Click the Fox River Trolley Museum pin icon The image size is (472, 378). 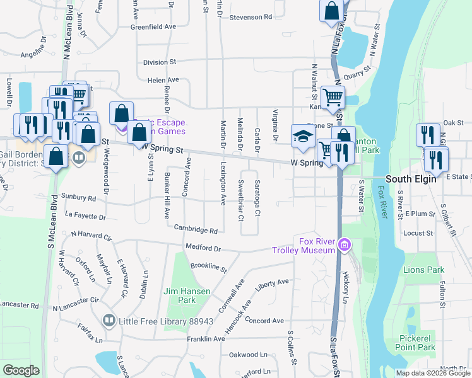[x=345, y=244]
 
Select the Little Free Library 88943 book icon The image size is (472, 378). [x=110, y=321]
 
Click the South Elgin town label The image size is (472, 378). [x=411, y=178]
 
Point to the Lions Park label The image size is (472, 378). [x=423, y=270]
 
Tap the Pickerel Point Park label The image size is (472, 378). [x=417, y=343]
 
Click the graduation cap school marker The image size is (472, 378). [x=303, y=136]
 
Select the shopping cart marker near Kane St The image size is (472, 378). [x=333, y=97]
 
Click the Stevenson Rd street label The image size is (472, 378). [x=251, y=17]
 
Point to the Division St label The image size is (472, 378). [x=159, y=62]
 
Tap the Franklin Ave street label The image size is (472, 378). [x=206, y=339]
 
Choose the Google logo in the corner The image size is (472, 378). [x=21, y=370]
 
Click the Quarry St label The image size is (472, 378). [x=356, y=74]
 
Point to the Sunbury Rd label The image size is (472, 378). [x=79, y=197]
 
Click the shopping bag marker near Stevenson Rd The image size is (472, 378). [x=331, y=11]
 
